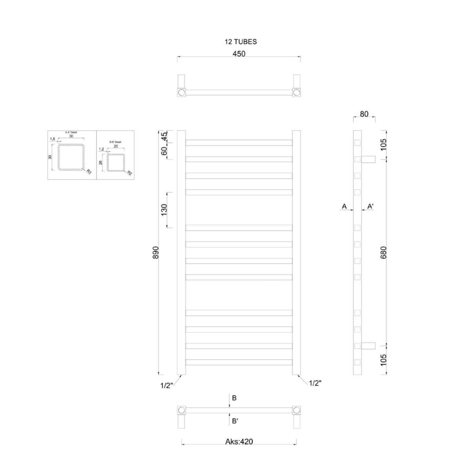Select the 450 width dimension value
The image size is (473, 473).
[x=239, y=53]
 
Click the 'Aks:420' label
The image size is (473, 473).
[x=239, y=442]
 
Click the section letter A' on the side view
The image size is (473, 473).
[x=370, y=207]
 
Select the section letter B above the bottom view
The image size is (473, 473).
[x=234, y=398]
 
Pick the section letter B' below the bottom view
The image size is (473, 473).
[x=235, y=420]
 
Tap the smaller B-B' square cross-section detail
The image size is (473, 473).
[x=116, y=162]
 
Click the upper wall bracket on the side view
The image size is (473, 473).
[x=367, y=159]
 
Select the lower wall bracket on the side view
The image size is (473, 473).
[x=367, y=345]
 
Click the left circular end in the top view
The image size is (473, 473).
[x=181, y=92]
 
